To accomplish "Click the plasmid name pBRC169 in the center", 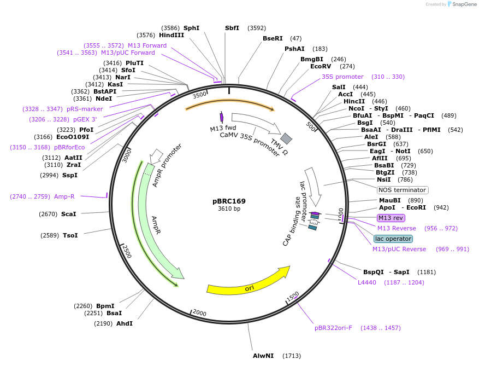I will pyautogui.click(x=229, y=201).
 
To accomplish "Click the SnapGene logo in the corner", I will pyautogui.click(x=462, y=4).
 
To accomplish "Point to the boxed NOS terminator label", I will pyautogui.click(x=403, y=190).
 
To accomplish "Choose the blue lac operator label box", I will pyautogui.click(x=393, y=239).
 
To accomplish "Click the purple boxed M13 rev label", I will pyautogui.click(x=391, y=218).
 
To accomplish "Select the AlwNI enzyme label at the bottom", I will pyautogui.click(x=263, y=356).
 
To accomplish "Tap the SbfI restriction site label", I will pyautogui.click(x=232, y=28).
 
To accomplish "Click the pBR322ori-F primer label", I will pyautogui.click(x=333, y=328).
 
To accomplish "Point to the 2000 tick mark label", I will pyautogui.click(x=199, y=313).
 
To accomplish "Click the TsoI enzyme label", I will pyautogui.click(x=70, y=235).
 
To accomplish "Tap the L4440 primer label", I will pyautogui.click(x=367, y=282).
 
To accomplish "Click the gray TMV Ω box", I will pyautogui.click(x=286, y=138).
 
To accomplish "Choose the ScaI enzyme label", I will pyautogui.click(x=69, y=214).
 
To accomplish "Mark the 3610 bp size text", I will pyautogui.click(x=229, y=208).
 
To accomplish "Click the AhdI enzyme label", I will pyautogui.click(x=125, y=323).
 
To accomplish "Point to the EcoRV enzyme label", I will pyautogui.click(x=321, y=66).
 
